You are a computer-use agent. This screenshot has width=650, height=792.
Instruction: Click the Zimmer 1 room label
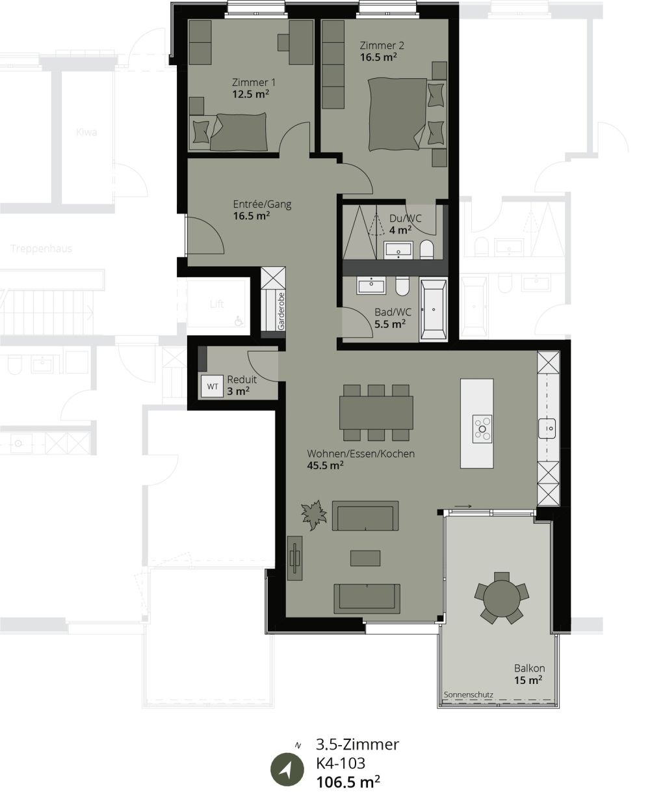(250, 83)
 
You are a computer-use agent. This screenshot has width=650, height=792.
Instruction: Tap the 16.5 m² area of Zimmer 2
(379, 57)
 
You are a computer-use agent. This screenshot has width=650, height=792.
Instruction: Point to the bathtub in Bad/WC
(433, 309)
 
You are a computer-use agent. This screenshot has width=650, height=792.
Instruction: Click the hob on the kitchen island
(482, 428)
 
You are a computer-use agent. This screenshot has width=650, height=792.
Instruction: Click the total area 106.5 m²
(348, 781)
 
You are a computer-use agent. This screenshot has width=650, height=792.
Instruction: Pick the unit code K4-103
(341, 763)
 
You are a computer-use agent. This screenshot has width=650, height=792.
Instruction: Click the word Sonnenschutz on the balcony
(468, 695)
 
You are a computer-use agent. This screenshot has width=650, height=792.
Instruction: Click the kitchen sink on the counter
(548, 428)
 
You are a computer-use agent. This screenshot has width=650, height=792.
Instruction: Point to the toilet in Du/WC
(426, 249)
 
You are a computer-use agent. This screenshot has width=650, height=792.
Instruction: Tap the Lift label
(216, 304)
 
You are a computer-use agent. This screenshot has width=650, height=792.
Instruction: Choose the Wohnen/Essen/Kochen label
(361, 454)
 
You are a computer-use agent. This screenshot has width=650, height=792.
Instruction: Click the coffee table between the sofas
(365, 558)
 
